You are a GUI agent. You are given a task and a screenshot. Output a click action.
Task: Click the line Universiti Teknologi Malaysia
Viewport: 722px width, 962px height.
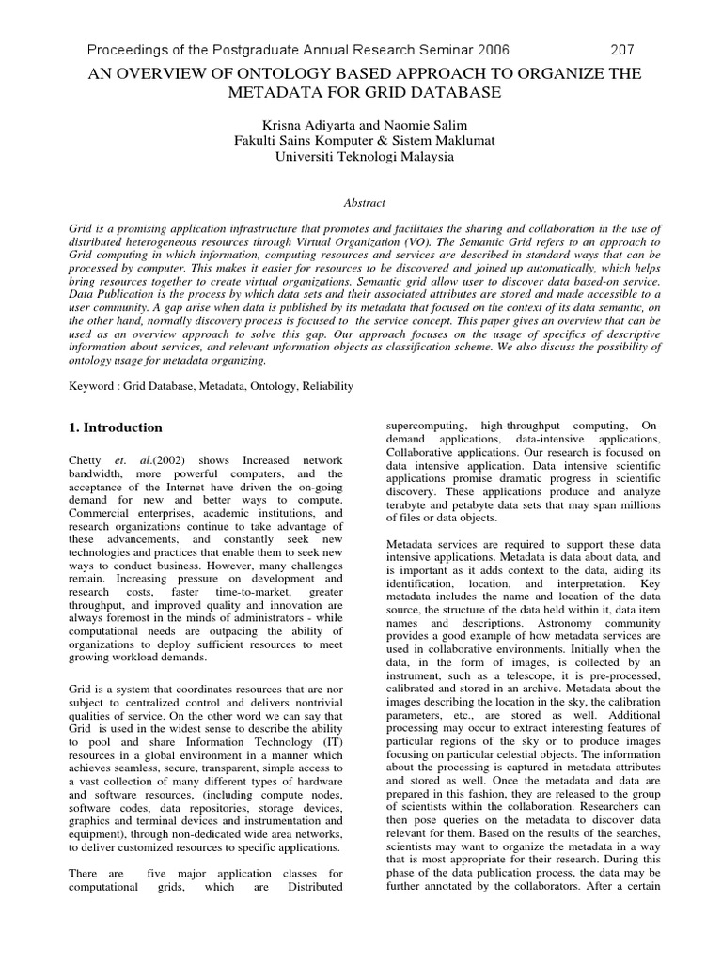point(361,157)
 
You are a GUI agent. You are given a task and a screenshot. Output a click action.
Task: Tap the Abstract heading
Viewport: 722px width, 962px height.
point(361,201)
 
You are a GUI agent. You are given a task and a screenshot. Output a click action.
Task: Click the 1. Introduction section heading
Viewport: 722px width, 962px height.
point(117,427)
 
